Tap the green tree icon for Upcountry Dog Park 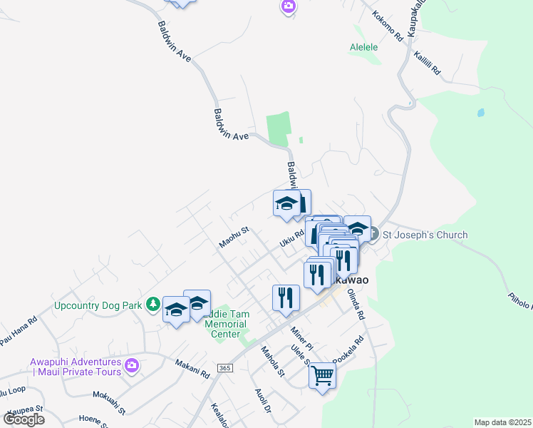[152, 305]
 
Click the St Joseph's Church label [425, 235]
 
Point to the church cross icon [375, 235]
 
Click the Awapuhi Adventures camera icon [131, 366]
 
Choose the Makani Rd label [195, 369]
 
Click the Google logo [24, 419]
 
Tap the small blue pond [480, 113]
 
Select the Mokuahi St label [109, 402]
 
